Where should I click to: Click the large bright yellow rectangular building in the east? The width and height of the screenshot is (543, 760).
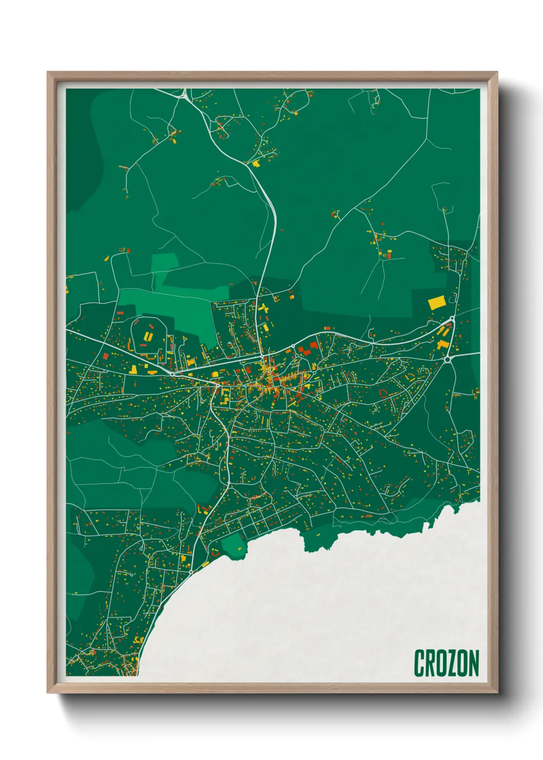(x=436, y=302)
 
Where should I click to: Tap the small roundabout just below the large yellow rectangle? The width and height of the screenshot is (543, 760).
(x=452, y=320)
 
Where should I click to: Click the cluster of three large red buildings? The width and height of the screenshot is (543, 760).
(x=307, y=349)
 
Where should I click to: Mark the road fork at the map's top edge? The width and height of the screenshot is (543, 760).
(x=183, y=94)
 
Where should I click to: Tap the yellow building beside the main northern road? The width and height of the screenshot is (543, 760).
(x=255, y=163)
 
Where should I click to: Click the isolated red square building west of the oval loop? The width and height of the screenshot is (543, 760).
(x=105, y=355)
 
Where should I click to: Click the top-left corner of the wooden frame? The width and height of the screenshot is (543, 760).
(x=48, y=73)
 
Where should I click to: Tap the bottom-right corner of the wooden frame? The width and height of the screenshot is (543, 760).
(x=497, y=692)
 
